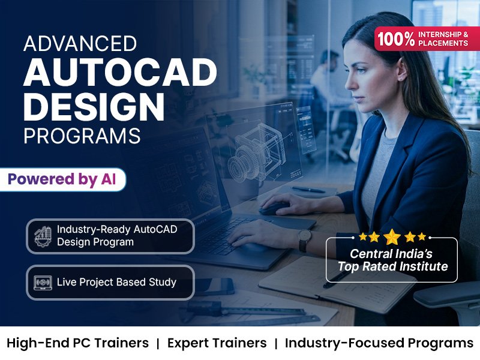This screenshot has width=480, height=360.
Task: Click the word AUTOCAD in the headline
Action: tap(120, 72)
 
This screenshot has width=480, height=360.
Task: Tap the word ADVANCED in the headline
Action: tap(80, 43)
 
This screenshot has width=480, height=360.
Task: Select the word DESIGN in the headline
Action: tap(94, 107)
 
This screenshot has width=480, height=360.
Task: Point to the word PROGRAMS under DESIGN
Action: tap(82, 136)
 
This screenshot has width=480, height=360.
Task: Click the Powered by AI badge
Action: tap(62, 179)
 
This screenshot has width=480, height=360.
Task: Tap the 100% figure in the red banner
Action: tap(396, 39)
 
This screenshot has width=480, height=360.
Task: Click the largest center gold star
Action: tap(392, 236)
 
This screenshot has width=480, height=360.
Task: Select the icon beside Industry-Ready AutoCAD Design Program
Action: tap(43, 236)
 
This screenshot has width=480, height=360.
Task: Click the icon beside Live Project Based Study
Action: tap(43, 282)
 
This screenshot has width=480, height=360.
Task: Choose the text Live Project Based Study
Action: tap(116, 282)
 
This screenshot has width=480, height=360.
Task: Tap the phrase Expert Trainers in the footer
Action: tap(217, 343)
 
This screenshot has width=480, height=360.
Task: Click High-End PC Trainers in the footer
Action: tap(77, 343)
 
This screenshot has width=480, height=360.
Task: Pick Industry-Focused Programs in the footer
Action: tap(379, 343)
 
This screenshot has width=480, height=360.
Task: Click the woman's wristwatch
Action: tap(305, 241)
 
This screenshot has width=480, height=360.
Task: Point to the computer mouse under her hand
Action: tap(274, 209)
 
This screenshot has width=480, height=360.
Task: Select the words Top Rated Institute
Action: tap(393, 266)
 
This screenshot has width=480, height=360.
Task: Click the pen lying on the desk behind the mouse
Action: tap(308, 190)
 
